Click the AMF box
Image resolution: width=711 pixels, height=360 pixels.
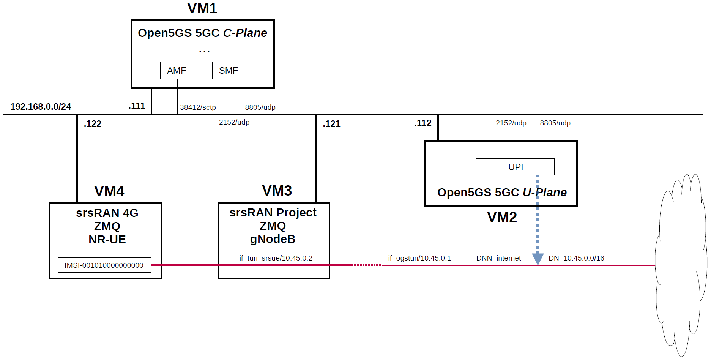[177, 71]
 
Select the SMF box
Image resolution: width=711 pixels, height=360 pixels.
[229, 71]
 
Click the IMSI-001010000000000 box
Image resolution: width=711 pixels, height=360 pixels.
[104, 265]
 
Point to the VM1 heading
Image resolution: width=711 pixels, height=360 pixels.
[202, 8]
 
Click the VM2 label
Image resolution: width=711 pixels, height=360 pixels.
[502, 217]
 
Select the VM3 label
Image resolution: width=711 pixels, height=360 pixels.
[277, 191]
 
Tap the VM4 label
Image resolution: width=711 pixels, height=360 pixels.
[109, 191]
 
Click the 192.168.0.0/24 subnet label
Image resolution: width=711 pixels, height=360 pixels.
[41, 107]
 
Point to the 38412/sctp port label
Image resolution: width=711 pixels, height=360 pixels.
[198, 107]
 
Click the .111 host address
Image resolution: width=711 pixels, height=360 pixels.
[137, 106]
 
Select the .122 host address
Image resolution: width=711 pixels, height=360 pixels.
[93, 124]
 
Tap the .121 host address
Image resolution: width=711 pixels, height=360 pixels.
[332, 124]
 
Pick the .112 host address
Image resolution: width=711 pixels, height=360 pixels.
[423, 123]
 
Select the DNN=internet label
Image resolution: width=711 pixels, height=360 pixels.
[498, 258]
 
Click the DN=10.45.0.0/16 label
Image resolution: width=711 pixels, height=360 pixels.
[576, 258]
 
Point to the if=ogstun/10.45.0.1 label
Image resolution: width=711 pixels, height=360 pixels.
[419, 258]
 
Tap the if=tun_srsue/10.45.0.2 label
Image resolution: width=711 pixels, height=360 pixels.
[276, 258]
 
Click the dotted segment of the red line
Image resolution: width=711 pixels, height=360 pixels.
[367, 265]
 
